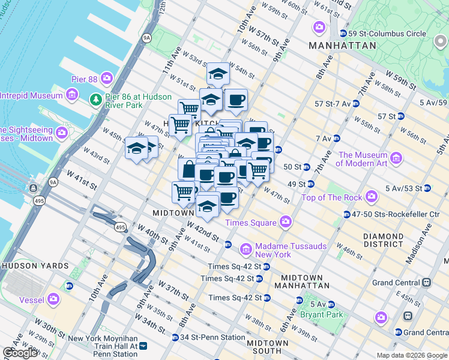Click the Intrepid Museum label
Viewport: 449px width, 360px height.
click(x=31, y=95)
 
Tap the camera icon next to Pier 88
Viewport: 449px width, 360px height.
click(x=107, y=77)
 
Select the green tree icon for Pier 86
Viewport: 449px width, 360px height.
click(x=95, y=98)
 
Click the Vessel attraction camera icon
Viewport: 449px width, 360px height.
click(x=54, y=298)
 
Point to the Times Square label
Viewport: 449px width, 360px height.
click(x=250, y=223)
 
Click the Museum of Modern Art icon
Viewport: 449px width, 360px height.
click(x=396, y=158)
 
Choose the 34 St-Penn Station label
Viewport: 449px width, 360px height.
click(x=212, y=337)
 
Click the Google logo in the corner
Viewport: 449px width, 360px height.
click(x=20, y=353)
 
